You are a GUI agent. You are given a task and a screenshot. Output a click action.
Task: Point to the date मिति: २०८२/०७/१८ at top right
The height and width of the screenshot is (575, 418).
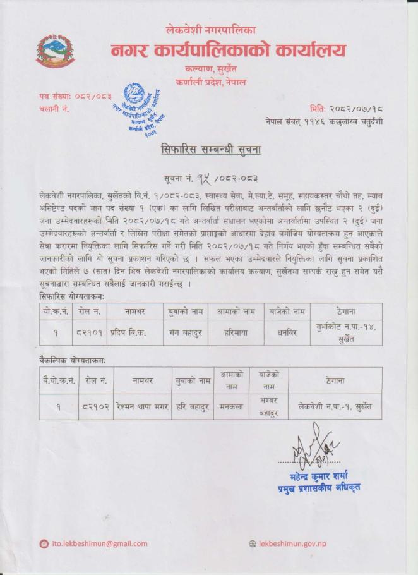tap(346, 109)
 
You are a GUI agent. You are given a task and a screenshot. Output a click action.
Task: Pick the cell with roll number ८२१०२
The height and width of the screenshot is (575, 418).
tap(95, 407)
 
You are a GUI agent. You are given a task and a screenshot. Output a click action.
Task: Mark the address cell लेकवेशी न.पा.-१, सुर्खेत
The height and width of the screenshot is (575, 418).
tap(335, 407)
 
